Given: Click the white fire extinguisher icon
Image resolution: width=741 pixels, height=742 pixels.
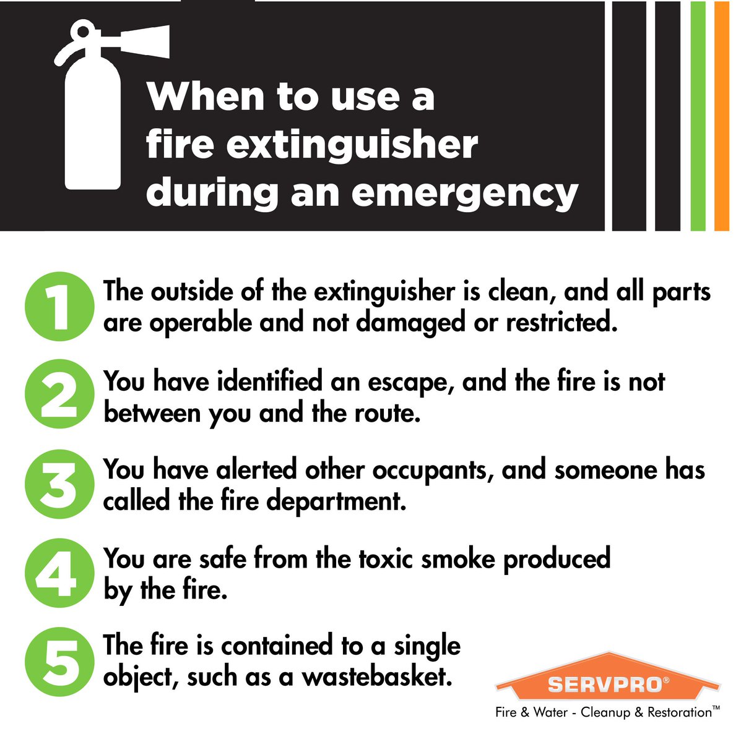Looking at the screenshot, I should pyautogui.click(x=93, y=124).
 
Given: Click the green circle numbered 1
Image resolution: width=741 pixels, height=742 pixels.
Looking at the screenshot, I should pyautogui.click(x=58, y=307).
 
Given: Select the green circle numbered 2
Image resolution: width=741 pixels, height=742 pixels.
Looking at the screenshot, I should pyautogui.click(x=58, y=396).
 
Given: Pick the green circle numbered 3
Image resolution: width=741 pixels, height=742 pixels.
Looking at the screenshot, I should pyautogui.click(x=58, y=485).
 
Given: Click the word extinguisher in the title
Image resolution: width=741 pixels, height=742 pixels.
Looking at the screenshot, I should pyautogui.click(x=352, y=145).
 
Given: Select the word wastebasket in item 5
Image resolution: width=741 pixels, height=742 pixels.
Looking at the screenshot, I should pyautogui.click(x=375, y=677).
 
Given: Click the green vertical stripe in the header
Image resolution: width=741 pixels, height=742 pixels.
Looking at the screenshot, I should pyautogui.click(x=698, y=115).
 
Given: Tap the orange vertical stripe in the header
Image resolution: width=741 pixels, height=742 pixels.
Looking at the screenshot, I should pyautogui.click(x=722, y=115).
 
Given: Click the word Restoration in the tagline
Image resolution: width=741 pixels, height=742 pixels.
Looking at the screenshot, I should pyautogui.click(x=679, y=712).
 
